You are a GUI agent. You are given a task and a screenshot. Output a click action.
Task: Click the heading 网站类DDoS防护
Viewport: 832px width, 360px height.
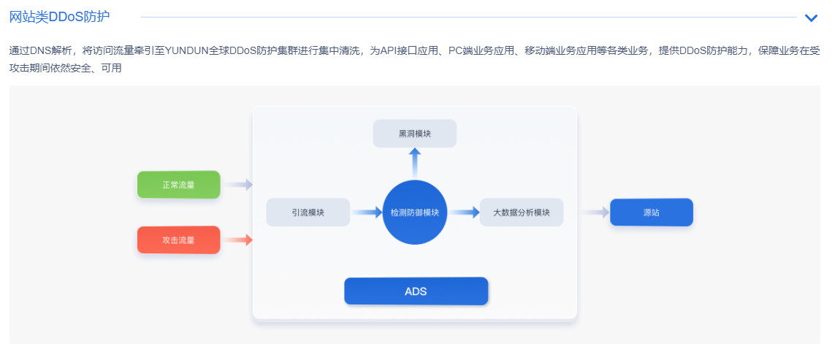pyautogui.click(x=59, y=17)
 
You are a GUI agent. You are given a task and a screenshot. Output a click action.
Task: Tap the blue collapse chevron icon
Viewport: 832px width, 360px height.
pyautogui.click(x=811, y=18)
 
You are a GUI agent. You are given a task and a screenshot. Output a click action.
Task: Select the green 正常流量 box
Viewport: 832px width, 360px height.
pyautogui.click(x=178, y=185)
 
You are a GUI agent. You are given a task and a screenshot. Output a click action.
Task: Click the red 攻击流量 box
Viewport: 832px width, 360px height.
pyautogui.click(x=178, y=240)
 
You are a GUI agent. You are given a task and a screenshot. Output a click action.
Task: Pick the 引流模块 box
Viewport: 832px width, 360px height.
pyautogui.click(x=308, y=212)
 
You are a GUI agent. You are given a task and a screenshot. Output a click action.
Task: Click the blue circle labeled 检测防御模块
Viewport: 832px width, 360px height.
pyautogui.click(x=415, y=212)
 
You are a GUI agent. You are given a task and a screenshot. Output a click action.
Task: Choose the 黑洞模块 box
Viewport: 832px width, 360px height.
pyautogui.click(x=414, y=134)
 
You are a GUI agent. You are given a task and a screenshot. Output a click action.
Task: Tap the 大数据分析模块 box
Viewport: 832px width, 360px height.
pyautogui.click(x=521, y=212)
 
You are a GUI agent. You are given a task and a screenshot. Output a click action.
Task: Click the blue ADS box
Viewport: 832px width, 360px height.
pyautogui.click(x=416, y=291)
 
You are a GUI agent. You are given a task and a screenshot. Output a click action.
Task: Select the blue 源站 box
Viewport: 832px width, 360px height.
pyautogui.click(x=651, y=212)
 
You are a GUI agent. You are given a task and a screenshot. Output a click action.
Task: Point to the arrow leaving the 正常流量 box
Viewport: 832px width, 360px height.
pyautogui.click(x=237, y=185)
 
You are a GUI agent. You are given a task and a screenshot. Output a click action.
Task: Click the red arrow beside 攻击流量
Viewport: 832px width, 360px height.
pyautogui.click(x=238, y=240)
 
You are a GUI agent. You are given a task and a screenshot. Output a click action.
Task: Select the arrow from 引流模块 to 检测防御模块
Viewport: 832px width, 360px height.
pyautogui.click(x=367, y=212)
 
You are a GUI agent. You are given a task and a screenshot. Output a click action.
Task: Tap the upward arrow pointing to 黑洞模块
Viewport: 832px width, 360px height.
pyautogui.click(x=414, y=161)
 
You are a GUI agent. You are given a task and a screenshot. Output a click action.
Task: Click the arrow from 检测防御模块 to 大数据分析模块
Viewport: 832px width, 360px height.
pyautogui.click(x=464, y=212)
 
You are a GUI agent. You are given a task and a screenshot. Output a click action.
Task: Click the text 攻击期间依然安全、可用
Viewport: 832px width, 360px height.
pyautogui.click(x=65, y=68)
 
